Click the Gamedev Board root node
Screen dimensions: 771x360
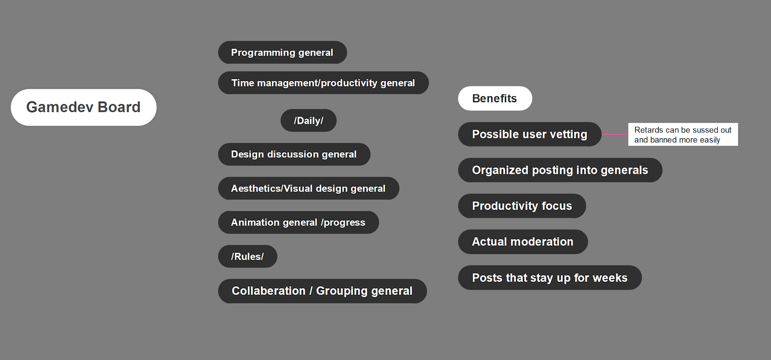coord(84,107)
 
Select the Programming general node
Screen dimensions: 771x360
coord(282,53)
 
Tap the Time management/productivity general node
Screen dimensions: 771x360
coord(323,82)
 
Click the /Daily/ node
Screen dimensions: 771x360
coord(308,120)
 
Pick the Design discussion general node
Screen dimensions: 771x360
coord(294,154)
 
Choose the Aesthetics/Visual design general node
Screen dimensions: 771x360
coord(308,188)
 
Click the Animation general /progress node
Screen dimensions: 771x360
coord(298,222)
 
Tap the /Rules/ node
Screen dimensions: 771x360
coord(248,256)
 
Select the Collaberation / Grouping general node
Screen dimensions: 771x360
coord(322,291)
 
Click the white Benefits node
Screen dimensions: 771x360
coord(495,98)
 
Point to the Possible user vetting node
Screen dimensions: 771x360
coord(530,134)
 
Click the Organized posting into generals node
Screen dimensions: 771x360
coord(560,170)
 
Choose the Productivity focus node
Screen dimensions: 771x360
coord(522,206)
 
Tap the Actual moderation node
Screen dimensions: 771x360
coord(523,241)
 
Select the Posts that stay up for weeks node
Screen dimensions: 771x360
coord(550,278)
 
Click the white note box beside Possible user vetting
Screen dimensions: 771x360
coord(683,134)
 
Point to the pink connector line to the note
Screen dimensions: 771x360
coord(615,134)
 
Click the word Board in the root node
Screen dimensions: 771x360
coord(119,107)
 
